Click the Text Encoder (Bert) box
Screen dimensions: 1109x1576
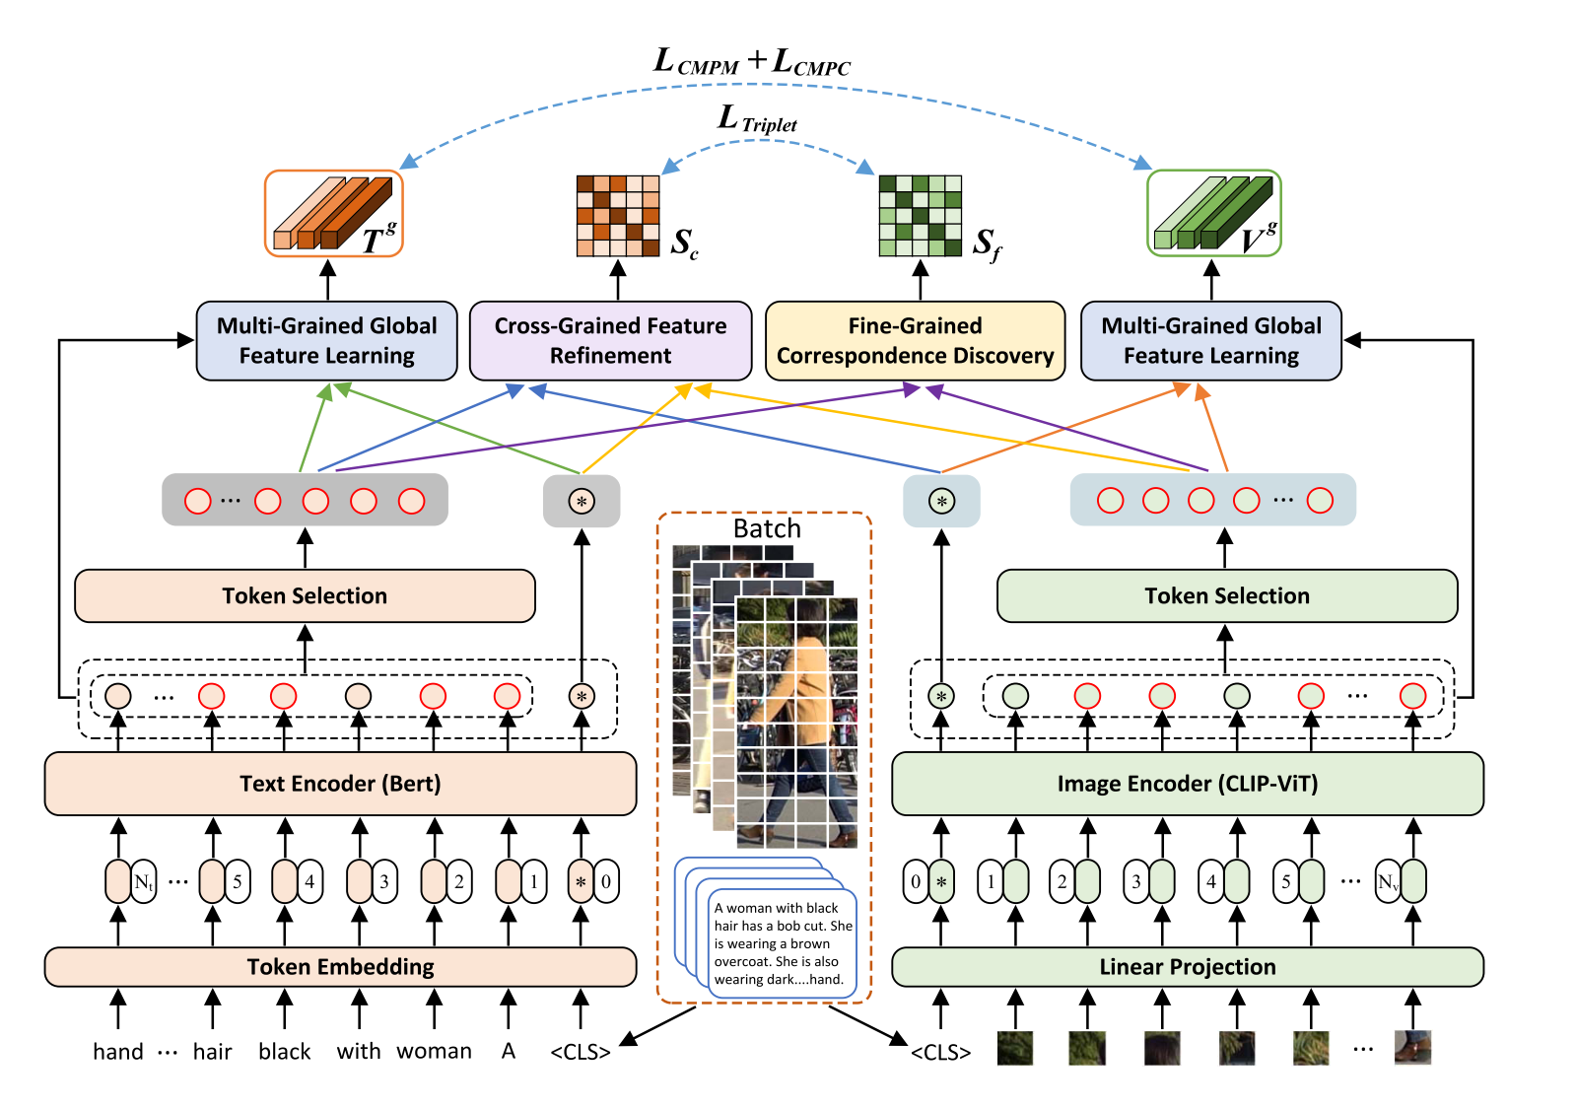[x=340, y=784]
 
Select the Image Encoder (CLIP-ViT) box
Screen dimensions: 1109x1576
[x=1187, y=784]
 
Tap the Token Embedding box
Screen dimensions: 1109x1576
[x=340, y=967]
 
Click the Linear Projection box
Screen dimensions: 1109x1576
[x=1187, y=967]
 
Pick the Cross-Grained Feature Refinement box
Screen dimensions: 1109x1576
[x=610, y=341]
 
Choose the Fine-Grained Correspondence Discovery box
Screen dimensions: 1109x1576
[x=915, y=341]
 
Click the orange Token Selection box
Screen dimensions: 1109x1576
[x=305, y=595]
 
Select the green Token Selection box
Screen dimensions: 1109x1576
[x=1227, y=595]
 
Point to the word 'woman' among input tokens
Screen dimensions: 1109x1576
[x=434, y=1052]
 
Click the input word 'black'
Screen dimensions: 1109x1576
[x=285, y=1052]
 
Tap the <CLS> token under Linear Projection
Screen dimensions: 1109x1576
[x=940, y=1052]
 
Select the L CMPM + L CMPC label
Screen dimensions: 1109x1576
[x=752, y=62]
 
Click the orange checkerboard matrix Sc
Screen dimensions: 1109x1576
[x=618, y=216]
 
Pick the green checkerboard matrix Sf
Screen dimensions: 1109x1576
[x=920, y=216]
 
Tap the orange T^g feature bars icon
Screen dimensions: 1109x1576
[x=333, y=213]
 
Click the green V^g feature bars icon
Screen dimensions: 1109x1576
[x=1213, y=213]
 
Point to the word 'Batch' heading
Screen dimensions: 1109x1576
[x=767, y=529]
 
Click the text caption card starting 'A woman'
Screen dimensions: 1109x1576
[x=783, y=942]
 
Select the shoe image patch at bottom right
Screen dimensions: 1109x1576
[x=1412, y=1048]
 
